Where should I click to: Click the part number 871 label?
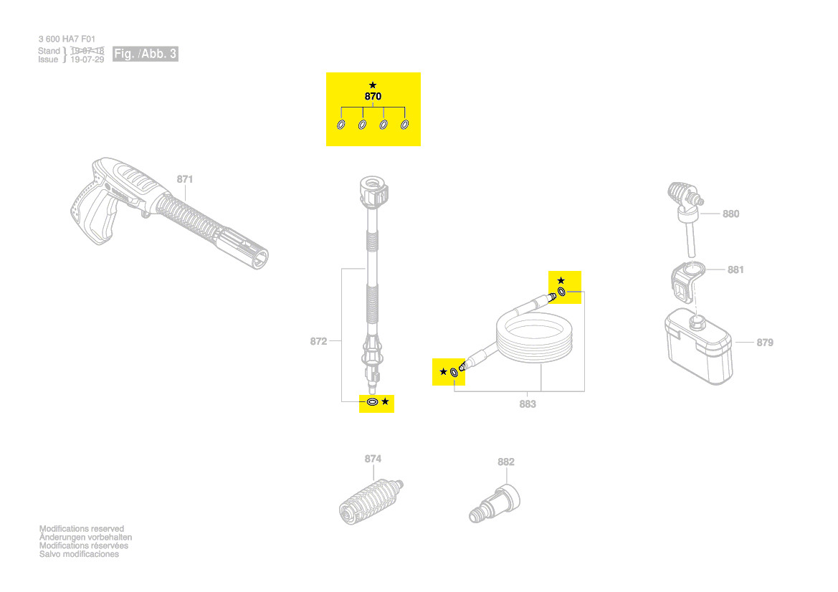pos(185,178)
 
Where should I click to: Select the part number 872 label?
pos(318,341)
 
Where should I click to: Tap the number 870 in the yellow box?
pos(373,96)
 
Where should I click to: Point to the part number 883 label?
pos(528,404)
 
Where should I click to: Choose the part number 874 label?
pos(373,459)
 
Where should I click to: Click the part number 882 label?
pos(506,462)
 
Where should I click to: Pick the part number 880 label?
pos(730,214)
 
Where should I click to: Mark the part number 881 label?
pos(735,269)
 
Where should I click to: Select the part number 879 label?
pos(765,343)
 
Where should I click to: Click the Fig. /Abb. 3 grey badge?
pos(146,54)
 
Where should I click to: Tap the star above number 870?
pos(373,85)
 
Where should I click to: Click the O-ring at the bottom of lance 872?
pos(372,402)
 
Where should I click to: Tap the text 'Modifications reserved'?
pos(82,529)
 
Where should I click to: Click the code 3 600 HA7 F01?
pos(67,39)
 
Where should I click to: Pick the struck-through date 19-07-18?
pos(87,51)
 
